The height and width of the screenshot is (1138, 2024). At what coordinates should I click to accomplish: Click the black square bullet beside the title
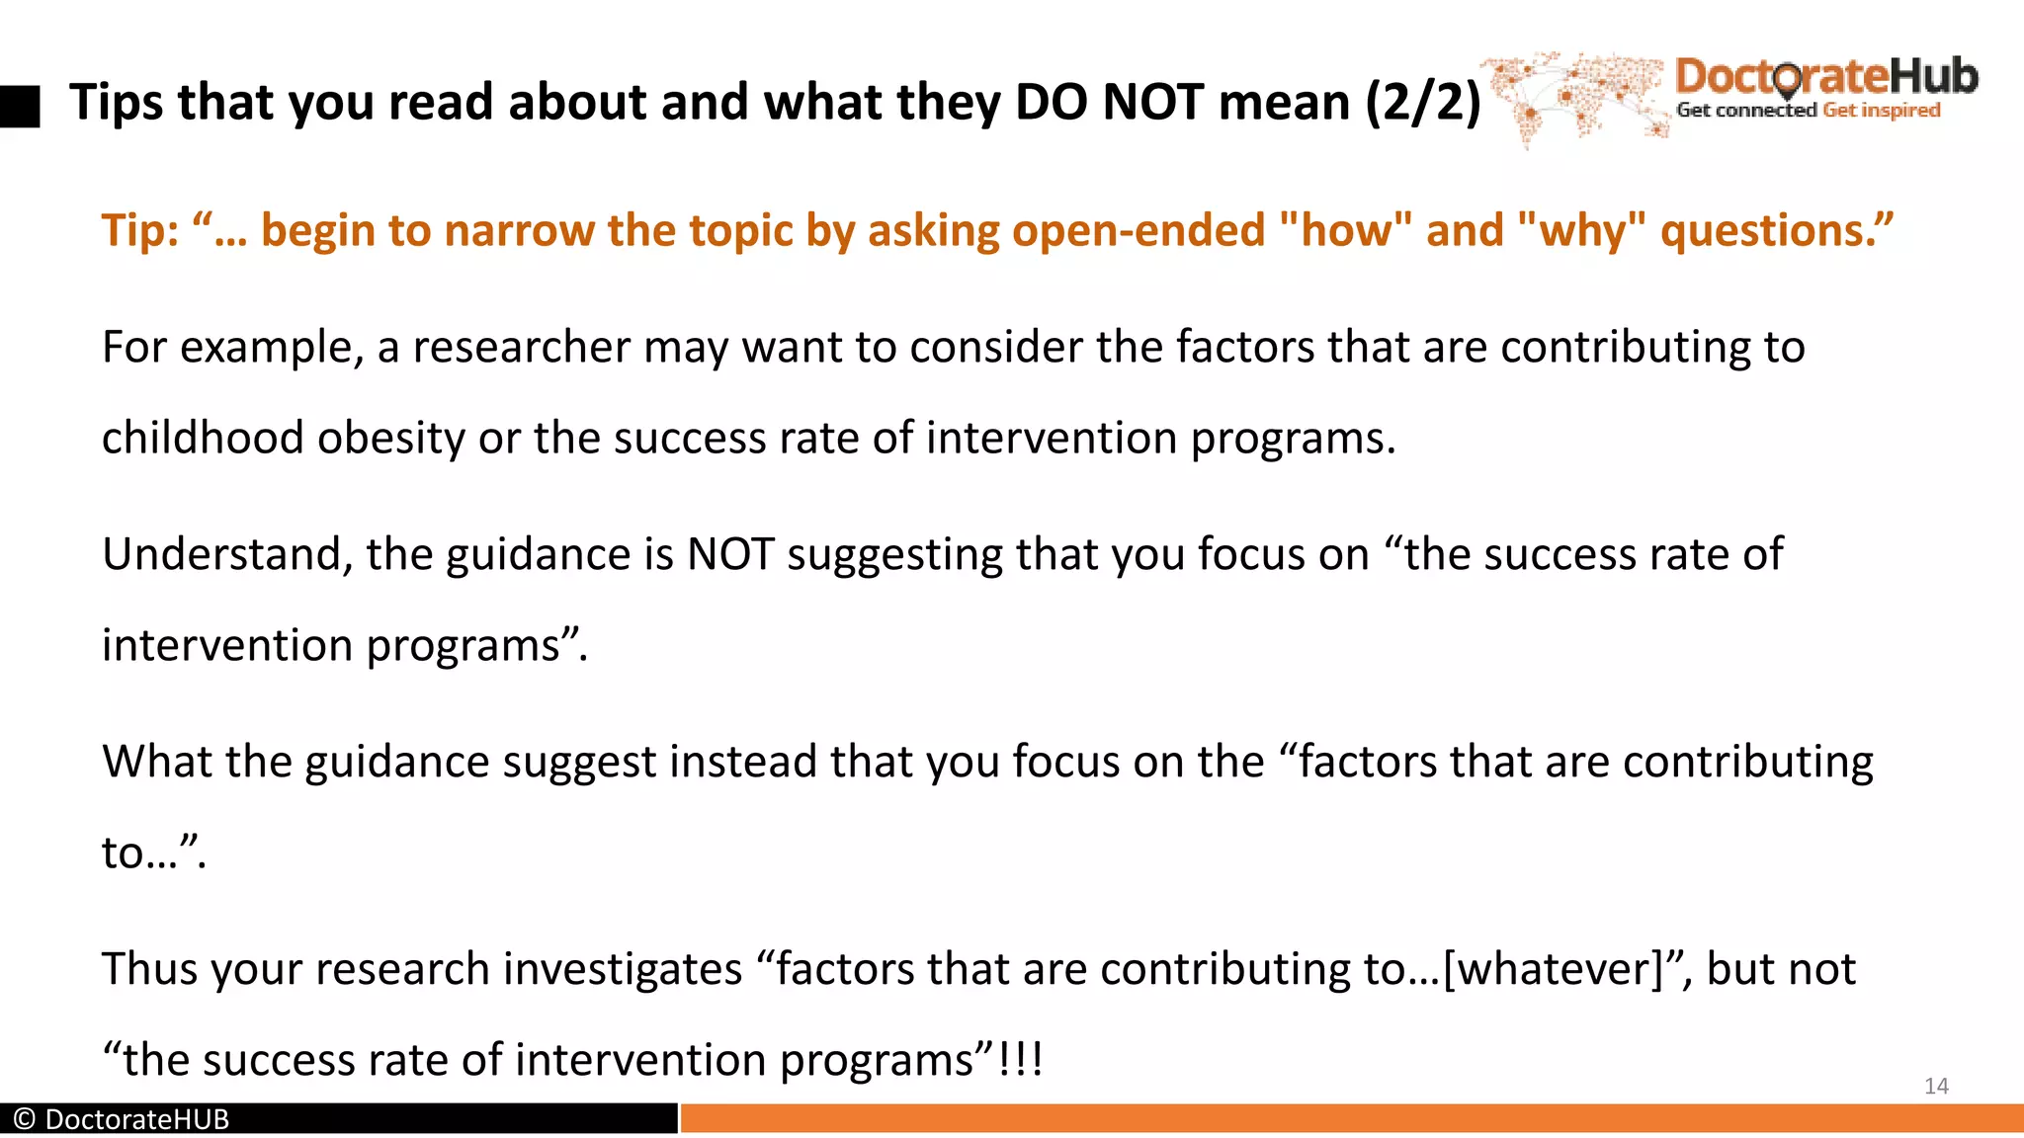tap(20, 106)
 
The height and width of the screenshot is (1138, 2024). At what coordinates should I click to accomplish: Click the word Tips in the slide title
tap(117, 103)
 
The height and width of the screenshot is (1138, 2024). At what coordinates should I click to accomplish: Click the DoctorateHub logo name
tap(1826, 77)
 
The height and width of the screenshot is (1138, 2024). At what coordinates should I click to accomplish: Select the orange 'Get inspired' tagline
tap(1882, 111)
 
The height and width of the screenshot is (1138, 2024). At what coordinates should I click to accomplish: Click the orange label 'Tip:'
tap(140, 231)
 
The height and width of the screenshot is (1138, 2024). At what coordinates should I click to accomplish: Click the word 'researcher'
tap(521, 348)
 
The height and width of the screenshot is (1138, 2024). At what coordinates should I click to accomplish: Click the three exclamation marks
tap(1020, 1060)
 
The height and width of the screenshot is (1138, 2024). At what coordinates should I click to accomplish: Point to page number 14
tap(1936, 1087)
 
